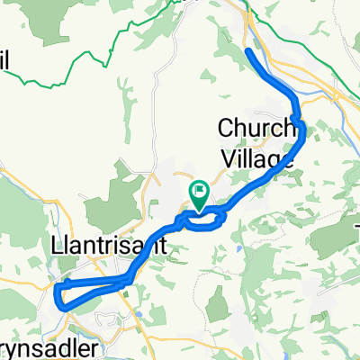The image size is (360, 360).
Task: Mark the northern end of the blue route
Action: point(247,53)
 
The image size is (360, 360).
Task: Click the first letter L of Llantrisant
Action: point(58,244)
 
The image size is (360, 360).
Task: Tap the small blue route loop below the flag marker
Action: point(203,216)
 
